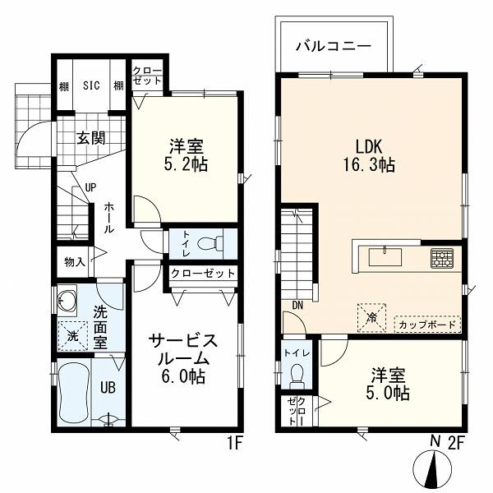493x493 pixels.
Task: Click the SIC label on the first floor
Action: pyautogui.click(x=91, y=85)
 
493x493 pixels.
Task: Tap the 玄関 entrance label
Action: pyautogui.click(x=91, y=138)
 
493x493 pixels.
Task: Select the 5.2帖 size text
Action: pyautogui.click(x=186, y=164)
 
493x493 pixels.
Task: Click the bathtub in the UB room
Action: pyautogui.click(x=74, y=392)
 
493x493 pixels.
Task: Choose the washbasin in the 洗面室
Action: pyautogui.click(x=67, y=301)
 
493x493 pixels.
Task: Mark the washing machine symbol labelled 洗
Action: pyautogui.click(x=72, y=336)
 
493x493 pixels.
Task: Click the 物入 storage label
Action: pyautogui.click(x=75, y=261)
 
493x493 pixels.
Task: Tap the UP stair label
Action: pyautogui.click(x=90, y=187)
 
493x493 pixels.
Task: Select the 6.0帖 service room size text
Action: pyautogui.click(x=183, y=376)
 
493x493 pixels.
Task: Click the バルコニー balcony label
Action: pyautogui.click(x=334, y=47)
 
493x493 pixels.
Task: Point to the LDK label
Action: pyautogui.click(x=368, y=146)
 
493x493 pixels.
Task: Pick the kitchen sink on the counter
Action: pyautogui.click(x=385, y=257)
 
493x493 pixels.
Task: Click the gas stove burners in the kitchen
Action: pyautogui.click(x=442, y=259)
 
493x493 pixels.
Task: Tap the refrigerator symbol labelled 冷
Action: pyautogui.click(x=372, y=317)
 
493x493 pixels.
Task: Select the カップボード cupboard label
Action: pyautogui.click(x=427, y=325)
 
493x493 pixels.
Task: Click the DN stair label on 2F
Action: pyautogui.click(x=297, y=305)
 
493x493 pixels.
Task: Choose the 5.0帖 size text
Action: pyautogui.click(x=388, y=393)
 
